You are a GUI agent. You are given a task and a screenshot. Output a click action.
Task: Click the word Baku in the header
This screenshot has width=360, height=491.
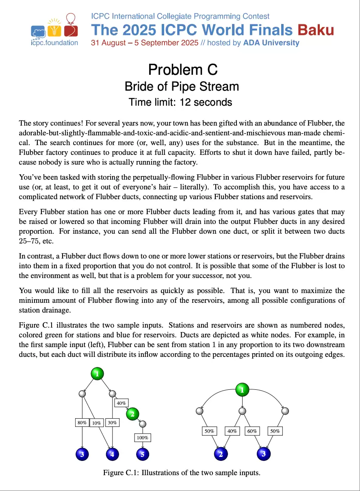316,30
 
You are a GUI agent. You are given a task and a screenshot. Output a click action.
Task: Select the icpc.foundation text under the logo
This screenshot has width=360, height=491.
54,43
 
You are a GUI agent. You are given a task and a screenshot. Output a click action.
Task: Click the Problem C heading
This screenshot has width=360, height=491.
183,70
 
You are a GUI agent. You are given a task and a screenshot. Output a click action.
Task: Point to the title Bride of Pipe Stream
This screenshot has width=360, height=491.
182,87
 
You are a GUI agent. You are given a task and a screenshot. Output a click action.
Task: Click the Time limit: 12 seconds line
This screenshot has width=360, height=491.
180,102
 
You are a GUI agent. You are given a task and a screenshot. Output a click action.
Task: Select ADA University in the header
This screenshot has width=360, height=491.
271,43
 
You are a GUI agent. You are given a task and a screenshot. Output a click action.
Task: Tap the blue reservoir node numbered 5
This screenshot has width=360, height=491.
142,454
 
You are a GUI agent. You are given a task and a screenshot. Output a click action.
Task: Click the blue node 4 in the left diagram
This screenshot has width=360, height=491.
112,454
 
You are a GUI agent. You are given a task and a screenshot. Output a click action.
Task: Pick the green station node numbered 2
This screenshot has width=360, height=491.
132,414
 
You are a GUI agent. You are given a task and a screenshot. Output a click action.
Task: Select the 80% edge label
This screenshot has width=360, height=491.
82,423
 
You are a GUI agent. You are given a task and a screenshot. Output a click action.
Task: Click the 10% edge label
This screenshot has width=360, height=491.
96,423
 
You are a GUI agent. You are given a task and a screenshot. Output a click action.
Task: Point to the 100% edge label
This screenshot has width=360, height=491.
142,438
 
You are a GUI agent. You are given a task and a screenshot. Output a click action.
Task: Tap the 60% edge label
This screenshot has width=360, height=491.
252,431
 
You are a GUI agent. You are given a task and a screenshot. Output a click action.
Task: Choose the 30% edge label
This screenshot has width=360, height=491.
112,423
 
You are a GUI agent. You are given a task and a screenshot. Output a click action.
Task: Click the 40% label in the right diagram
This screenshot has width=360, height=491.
232,431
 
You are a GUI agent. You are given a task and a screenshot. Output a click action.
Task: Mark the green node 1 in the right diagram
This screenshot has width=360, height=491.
242,390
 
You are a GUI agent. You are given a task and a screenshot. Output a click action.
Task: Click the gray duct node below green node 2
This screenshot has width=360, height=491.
142,424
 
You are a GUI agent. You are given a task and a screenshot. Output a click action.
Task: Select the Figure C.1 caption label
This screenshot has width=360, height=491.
121,473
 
